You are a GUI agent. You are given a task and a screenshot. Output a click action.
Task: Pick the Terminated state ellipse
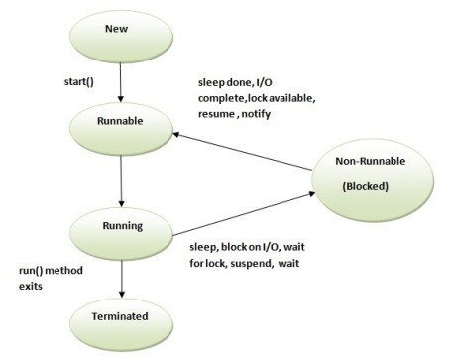tap(120, 319)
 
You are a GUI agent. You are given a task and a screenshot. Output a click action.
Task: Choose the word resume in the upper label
tap(219, 114)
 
